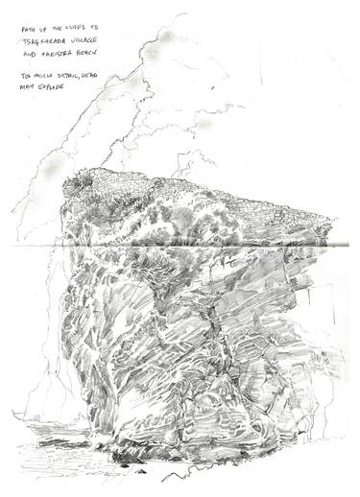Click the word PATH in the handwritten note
click(28, 31)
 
